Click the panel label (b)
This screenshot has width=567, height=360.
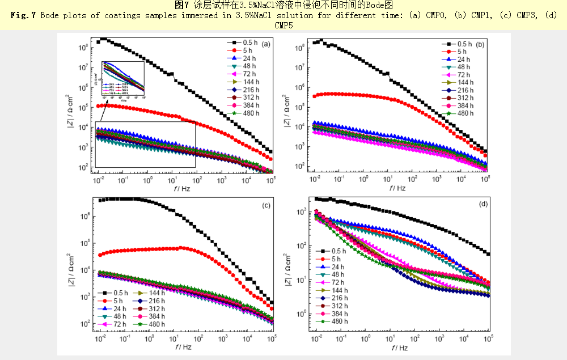480,44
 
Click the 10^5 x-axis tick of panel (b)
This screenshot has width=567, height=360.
486,179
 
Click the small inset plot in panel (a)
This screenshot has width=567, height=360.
122,79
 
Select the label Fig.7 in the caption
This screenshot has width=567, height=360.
23,15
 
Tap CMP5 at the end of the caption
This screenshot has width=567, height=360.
283,25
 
